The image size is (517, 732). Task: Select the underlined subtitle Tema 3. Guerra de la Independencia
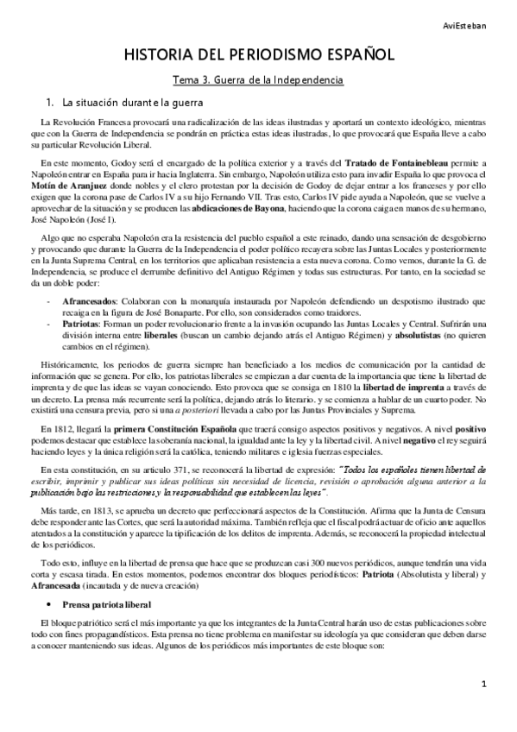pyautogui.click(x=259, y=80)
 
